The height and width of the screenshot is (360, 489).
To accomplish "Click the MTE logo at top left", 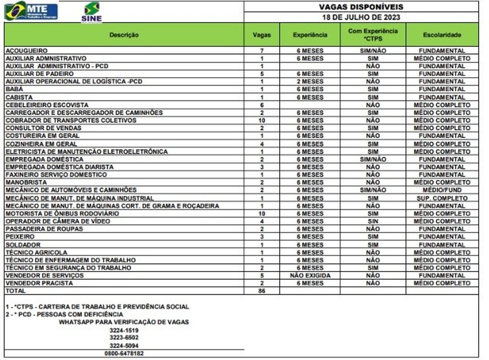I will pos(31,10).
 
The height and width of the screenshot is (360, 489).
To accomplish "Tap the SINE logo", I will pos(91,12).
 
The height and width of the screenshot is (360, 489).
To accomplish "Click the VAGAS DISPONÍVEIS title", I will pos(361,6).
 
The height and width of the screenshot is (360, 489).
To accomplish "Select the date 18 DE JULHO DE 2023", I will pos(361,17).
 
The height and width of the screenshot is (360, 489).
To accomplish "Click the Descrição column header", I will pos(124,35).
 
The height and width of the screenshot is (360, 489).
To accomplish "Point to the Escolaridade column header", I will pos(442,35).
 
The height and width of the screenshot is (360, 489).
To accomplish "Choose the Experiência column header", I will pos(310,35).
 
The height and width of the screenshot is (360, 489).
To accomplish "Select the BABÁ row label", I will pos(14,89).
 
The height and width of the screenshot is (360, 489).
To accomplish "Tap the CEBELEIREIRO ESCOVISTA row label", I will pos(47,105).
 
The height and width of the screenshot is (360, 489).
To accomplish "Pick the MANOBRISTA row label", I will pos(23,182).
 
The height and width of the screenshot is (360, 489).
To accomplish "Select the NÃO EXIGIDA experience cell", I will pos(310,275).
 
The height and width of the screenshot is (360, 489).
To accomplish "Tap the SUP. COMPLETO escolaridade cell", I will pos(442,198).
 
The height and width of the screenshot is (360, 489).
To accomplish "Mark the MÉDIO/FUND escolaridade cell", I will pos(442,190).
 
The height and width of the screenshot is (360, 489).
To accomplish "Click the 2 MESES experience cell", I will pos(310,82).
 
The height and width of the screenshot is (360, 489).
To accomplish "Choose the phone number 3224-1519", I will pos(124,330).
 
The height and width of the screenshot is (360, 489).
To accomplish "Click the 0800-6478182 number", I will pos(124,353).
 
